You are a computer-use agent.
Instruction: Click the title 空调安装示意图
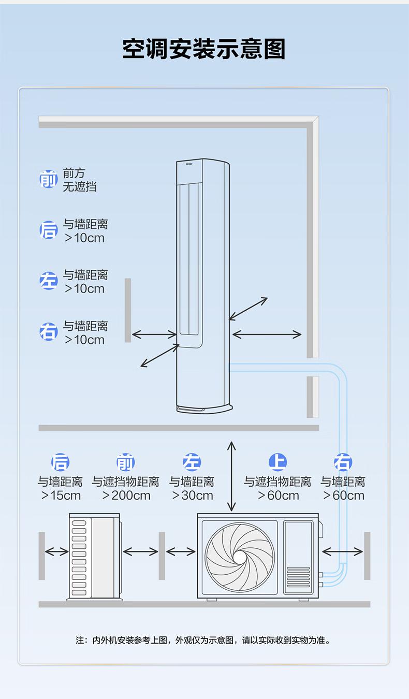pos(204,49)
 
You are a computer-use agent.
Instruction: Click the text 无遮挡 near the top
pos(80,187)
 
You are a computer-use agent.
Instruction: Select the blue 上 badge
pos(278,462)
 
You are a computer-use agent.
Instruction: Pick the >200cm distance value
pos(126,496)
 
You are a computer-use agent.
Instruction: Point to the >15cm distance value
pos(61,496)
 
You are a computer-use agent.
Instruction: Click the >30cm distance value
pos(192,496)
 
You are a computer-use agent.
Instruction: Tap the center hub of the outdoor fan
pos(240,557)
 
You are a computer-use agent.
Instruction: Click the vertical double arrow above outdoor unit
pos(231,476)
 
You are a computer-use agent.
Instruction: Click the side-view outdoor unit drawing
pos(95,557)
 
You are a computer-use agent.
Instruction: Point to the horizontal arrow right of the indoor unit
pos(267,334)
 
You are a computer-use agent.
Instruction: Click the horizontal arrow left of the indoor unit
pos(154,334)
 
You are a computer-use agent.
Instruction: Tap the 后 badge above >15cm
pos(60,462)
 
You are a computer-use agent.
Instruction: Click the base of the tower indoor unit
pos(202,407)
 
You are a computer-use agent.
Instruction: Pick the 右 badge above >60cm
pos(343,462)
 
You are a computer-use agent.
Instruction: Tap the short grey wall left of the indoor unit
pos(128,310)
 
